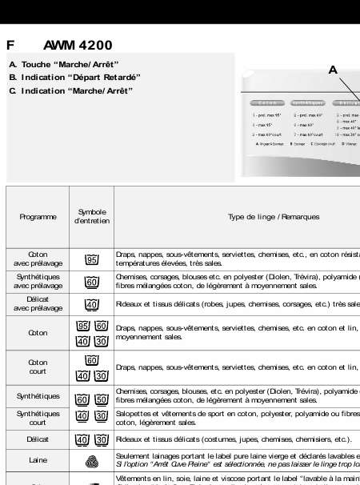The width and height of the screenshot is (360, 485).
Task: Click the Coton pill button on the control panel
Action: tap(268, 103)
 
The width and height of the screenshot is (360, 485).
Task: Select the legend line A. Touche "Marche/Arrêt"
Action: tap(65, 64)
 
